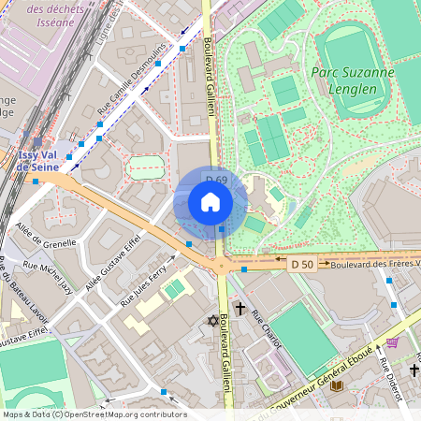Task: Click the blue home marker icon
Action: point(210,202)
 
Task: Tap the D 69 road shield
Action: point(216,181)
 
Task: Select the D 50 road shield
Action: point(301,265)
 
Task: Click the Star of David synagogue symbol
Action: point(211,322)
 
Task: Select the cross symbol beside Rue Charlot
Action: point(240,308)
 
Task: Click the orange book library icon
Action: point(337,385)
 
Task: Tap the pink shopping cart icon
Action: point(392,343)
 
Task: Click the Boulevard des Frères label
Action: point(370,265)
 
